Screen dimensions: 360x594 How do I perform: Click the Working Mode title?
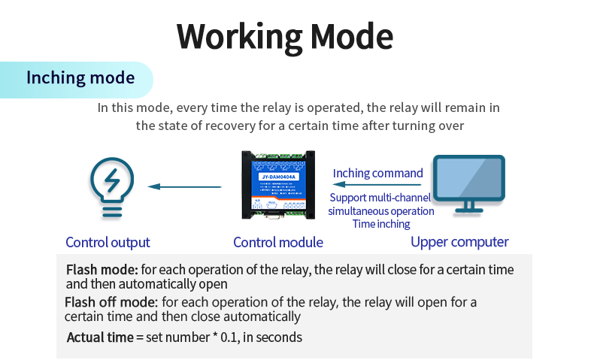[x=285, y=36]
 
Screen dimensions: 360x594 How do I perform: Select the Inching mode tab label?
[x=80, y=78]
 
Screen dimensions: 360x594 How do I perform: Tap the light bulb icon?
[x=113, y=187]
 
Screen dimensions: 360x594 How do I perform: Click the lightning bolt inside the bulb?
[x=113, y=180]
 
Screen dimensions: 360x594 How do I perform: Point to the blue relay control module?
[x=277, y=185]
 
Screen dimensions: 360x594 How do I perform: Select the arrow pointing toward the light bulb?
[x=184, y=186]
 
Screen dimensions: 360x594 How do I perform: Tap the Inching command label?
[x=377, y=173]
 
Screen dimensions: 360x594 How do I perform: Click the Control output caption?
[x=108, y=242]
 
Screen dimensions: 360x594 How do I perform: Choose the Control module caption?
[x=278, y=242]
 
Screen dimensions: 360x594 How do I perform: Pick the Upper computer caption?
[x=459, y=242]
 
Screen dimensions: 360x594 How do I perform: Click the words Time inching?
[x=381, y=223]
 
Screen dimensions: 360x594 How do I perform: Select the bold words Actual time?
[x=100, y=337]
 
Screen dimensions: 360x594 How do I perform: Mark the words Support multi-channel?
[x=380, y=198]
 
